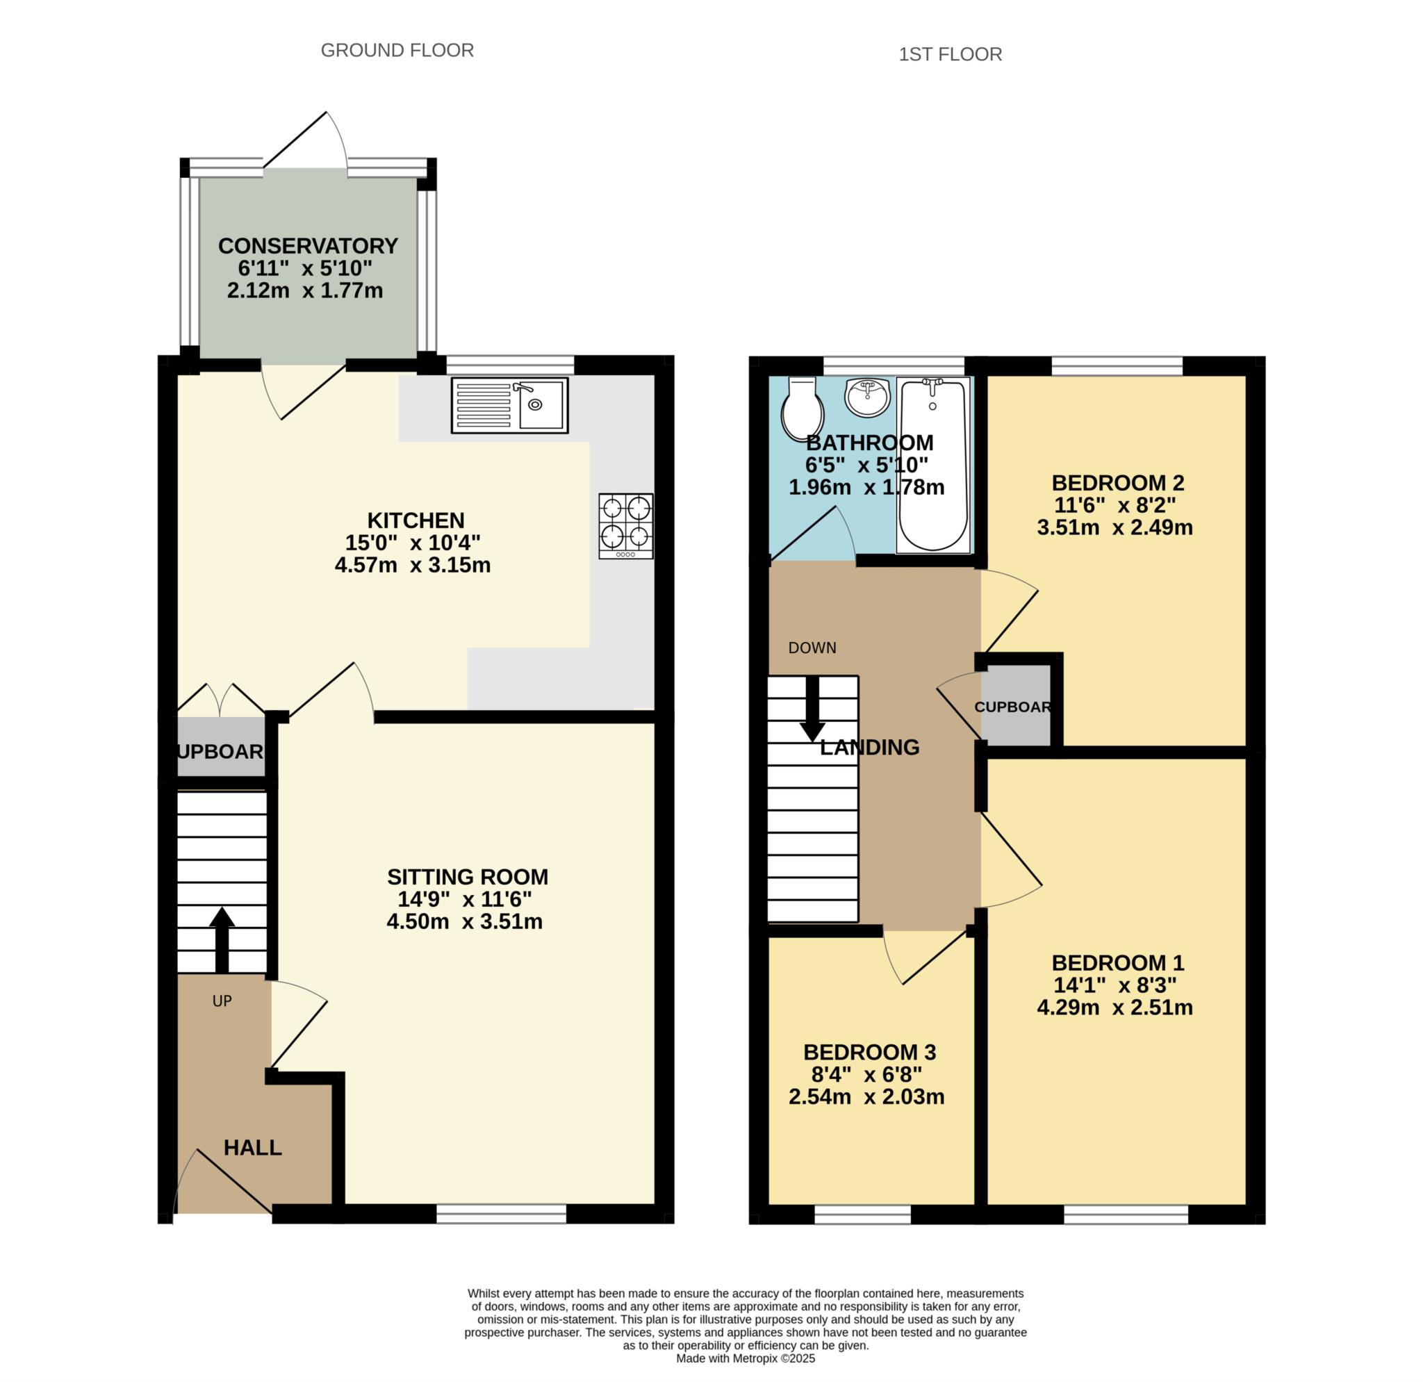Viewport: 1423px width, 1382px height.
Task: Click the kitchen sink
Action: coord(510,405)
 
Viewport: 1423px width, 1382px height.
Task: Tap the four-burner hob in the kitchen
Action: coord(626,526)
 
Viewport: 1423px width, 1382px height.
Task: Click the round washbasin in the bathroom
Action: coord(867,397)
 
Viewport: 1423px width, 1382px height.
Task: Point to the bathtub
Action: coord(933,466)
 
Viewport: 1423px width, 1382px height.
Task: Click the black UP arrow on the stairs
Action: coord(222,939)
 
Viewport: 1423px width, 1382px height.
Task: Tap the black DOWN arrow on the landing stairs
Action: coord(812,709)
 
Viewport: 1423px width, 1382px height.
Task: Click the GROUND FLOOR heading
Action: coord(397,50)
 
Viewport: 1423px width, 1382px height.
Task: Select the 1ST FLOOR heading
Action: coord(951,54)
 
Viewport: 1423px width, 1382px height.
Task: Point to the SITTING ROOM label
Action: coord(468,877)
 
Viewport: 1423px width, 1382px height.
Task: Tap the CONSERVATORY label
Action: coord(308,246)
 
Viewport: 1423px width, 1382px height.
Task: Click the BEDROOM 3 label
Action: coord(870,1052)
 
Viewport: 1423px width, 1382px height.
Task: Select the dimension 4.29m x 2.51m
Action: coord(1115,1007)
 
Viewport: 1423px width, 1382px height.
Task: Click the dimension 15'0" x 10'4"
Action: coord(413,542)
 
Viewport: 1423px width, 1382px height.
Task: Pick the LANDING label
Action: coord(870,747)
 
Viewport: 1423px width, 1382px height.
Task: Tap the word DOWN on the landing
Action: coord(812,648)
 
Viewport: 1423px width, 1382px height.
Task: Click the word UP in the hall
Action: coord(222,1001)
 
